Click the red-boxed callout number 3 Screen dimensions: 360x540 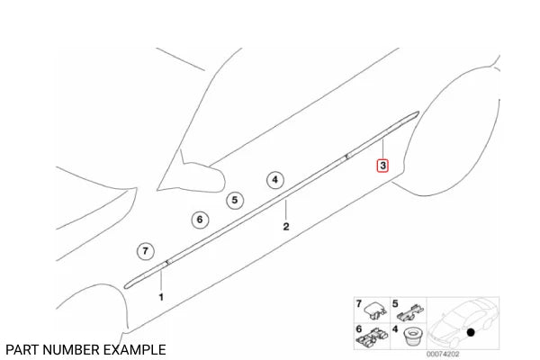click(x=382, y=166)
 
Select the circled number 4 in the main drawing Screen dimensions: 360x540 click(x=274, y=180)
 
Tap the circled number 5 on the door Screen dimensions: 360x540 click(x=234, y=201)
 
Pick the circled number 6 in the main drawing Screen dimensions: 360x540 click(x=201, y=219)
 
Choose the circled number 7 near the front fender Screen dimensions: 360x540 click(x=145, y=251)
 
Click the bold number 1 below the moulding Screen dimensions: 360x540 click(x=162, y=295)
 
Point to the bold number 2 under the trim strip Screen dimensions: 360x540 click(x=286, y=227)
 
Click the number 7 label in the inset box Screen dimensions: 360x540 click(x=357, y=305)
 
